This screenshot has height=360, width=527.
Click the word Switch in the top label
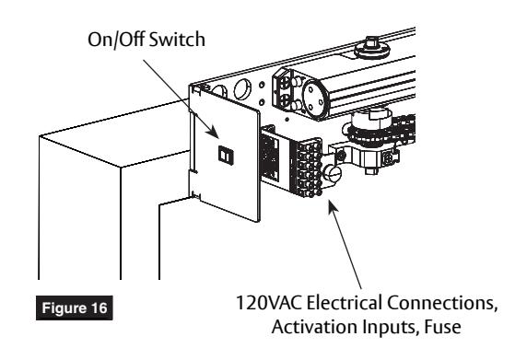point(177,40)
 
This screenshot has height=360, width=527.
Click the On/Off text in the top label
point(116,40)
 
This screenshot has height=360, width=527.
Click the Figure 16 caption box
point(75,308)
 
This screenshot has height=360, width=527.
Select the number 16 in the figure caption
point(99,308)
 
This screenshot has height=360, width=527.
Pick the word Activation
point(314,327)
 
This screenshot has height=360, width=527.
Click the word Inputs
point(392,327)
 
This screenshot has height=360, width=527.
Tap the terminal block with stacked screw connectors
point(307,168)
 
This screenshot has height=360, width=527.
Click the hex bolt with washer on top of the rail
point(372,49)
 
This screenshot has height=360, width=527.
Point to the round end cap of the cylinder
point(315,97)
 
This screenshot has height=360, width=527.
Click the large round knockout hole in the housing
point(242,89)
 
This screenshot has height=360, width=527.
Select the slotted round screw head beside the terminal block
point(332,174)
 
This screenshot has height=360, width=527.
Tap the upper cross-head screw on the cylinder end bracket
point(286,82)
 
